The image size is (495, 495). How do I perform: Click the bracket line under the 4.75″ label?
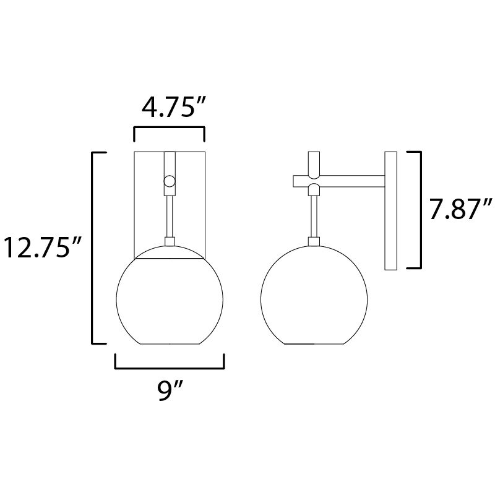click(x=169, y=128)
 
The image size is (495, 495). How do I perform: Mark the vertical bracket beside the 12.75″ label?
click(x=93, y=247)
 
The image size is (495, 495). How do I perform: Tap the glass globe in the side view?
click(x=314, y=294)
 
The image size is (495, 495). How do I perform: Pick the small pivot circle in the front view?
click(x=169, y=182)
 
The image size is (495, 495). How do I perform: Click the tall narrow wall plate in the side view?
click(x=390, y=210)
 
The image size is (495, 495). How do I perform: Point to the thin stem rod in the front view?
click(x=169, y=213)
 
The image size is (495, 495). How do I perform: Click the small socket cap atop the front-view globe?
click(x=169, y=241)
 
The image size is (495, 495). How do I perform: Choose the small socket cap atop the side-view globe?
click(x=314, y=241)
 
